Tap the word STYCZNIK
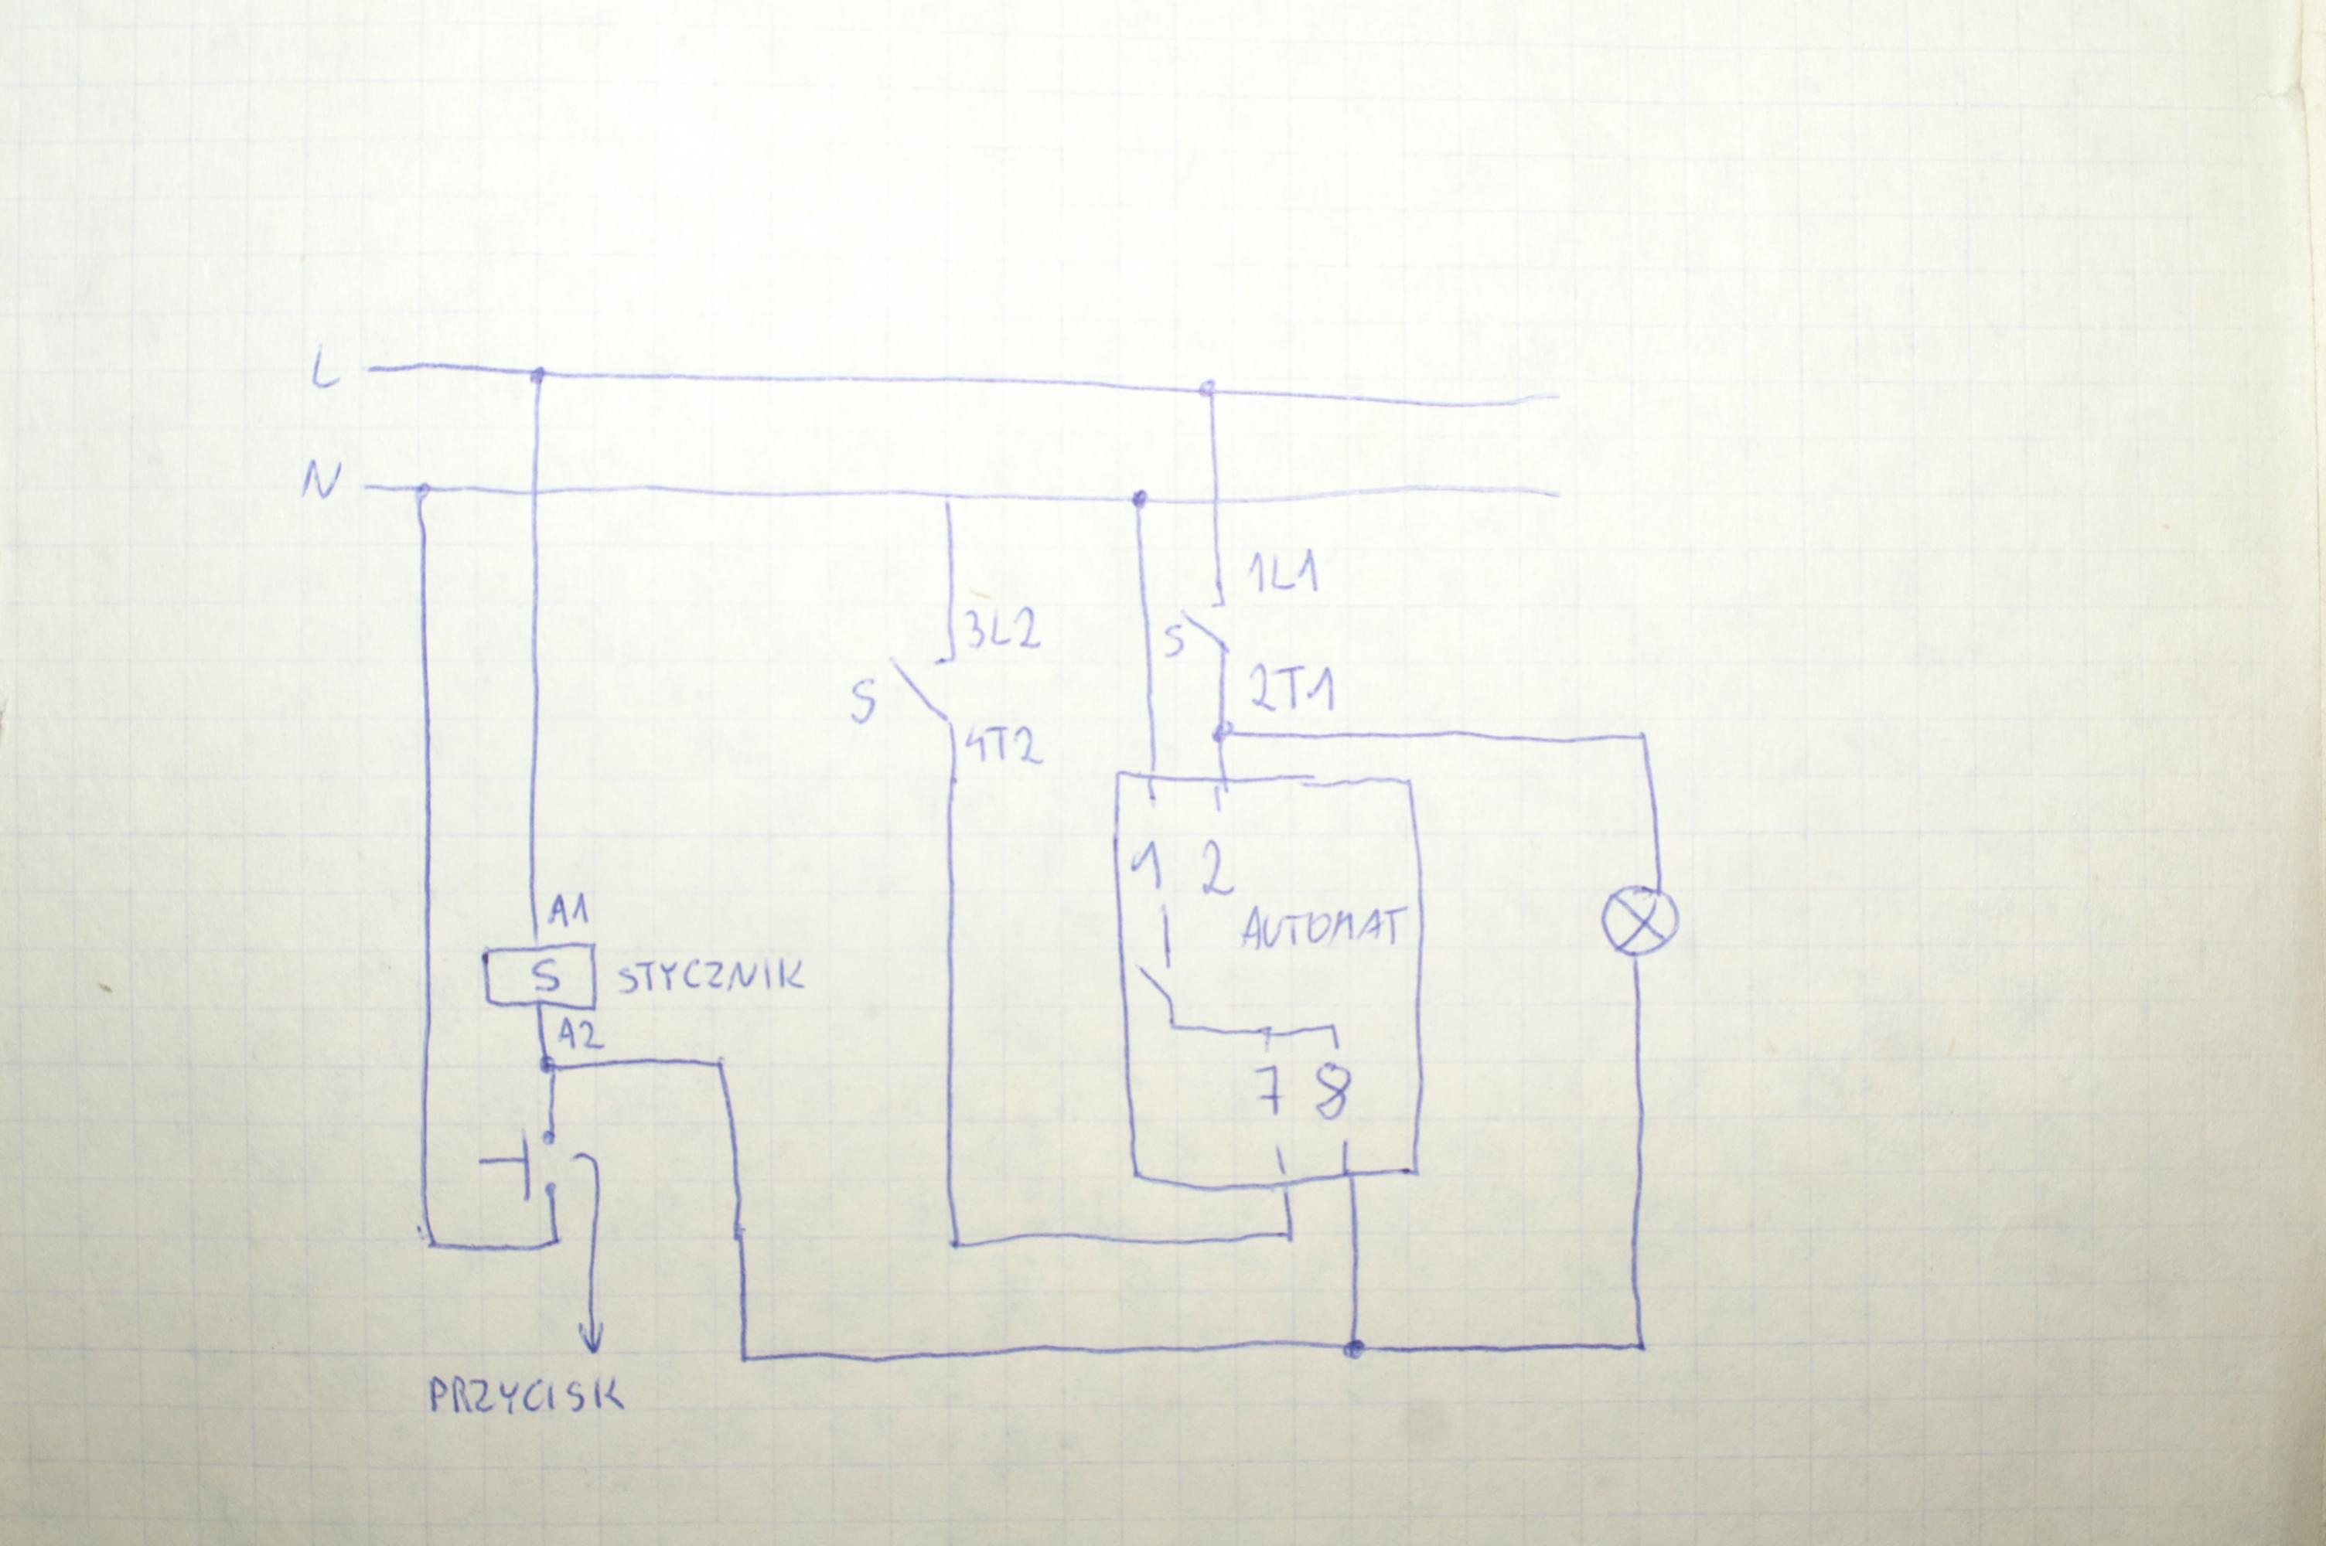pyautogui.click(x=709, y=977)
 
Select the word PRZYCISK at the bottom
pyautogui.click(x=526, y=1395)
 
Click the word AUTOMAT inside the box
pyautogui.click(x=1318, y=929)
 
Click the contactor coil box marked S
pyautogui.click(x=538, y=976)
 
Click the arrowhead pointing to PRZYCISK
pyautogui.click(x=592, y=1338)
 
